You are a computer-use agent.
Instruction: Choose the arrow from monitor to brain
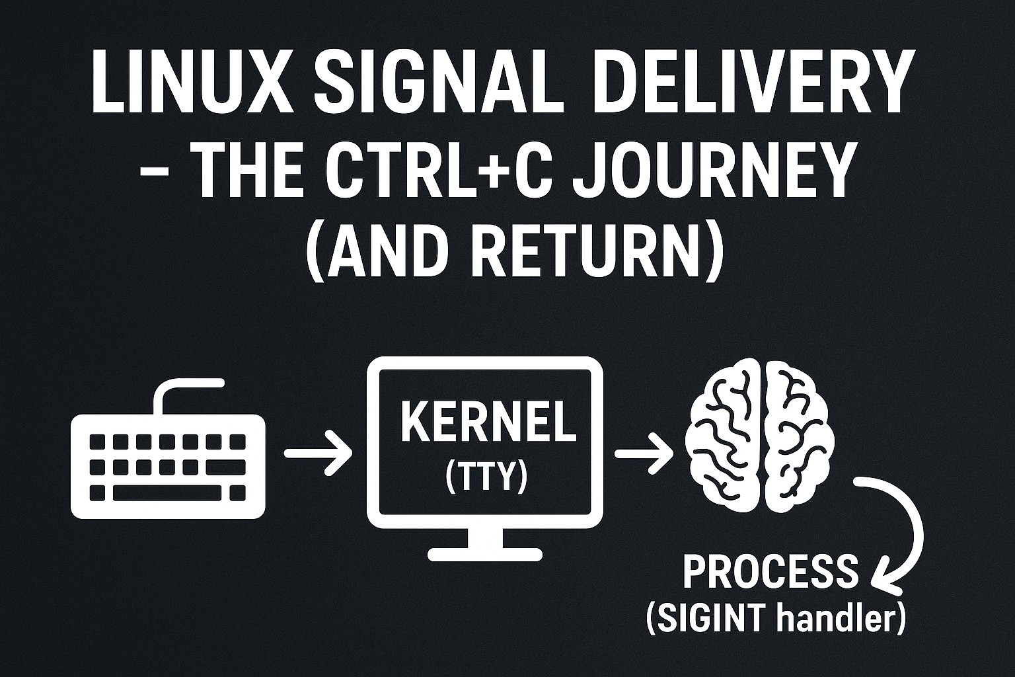pos(642,454)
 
